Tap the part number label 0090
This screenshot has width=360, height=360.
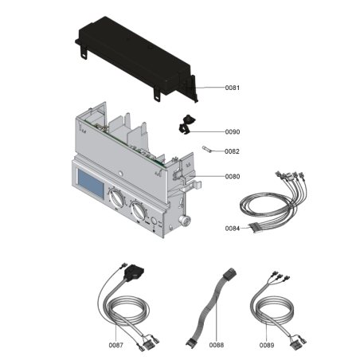(x=209, y=132)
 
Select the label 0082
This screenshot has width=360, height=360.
(x=209, y=151)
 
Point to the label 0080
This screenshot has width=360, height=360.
(x=209, y=177)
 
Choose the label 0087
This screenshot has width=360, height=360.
(x=116, y=345)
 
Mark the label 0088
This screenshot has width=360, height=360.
(x=217, y=345)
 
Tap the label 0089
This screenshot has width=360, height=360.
(x=266, y=345)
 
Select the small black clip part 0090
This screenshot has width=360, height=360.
(x=186, y=123)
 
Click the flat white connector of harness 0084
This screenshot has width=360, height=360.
(x=256, y=226)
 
